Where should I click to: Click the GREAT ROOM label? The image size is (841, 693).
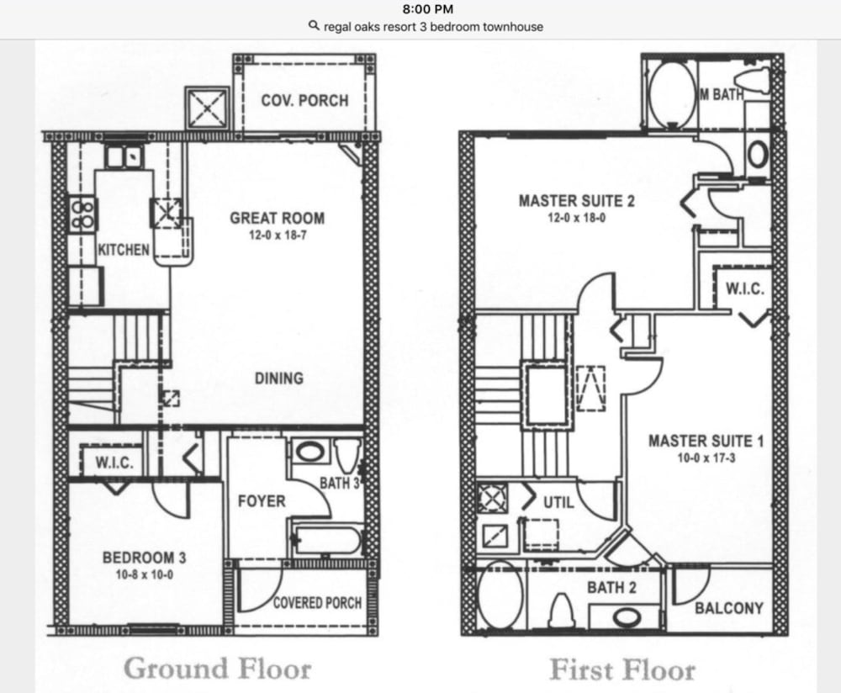278,219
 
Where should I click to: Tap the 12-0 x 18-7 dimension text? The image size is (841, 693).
278,235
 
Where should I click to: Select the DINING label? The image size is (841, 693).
279,378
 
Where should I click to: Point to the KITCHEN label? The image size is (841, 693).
124,250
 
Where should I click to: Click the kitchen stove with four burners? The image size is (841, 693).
82,214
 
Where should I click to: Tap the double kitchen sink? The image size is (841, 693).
124,156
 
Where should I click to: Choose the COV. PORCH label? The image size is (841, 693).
304,100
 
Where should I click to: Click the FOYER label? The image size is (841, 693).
262,501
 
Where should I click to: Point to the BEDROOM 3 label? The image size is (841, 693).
145,558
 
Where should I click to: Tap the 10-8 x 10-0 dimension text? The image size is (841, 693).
145,574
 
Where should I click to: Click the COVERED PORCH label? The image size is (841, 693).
318,603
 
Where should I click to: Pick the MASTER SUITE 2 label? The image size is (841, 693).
577,201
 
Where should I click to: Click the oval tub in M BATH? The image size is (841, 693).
670,95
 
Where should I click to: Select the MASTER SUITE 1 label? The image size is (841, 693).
706,441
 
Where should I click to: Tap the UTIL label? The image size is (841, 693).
559,503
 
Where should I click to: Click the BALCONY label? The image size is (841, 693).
729,608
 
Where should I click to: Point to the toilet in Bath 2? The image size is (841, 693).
560,611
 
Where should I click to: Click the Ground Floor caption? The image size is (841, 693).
217,669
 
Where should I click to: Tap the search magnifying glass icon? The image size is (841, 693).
315,26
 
